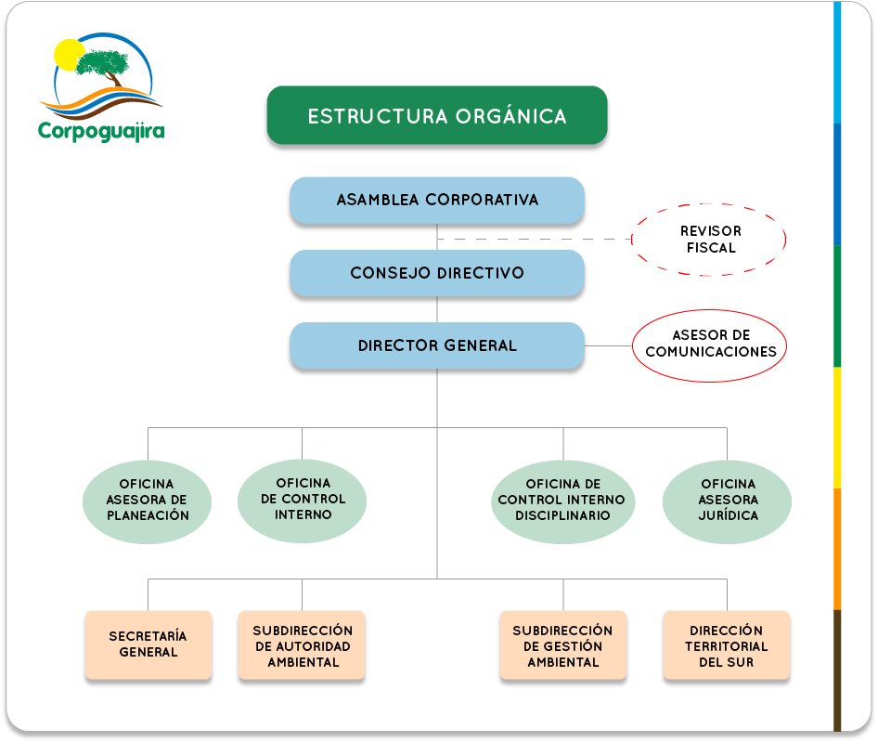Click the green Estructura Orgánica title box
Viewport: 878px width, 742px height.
click(x=437, y=115)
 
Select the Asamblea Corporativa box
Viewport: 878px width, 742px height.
click(x=437, y=200)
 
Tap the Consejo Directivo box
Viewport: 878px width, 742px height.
click(x=437, y=273)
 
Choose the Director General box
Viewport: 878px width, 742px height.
click(x=437, y=345)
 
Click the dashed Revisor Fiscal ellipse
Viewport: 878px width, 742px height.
click(x=709, y=204)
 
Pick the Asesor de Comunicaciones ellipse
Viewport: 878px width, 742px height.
click(x=709, y=310)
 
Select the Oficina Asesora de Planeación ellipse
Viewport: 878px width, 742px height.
click(x=148, y=501)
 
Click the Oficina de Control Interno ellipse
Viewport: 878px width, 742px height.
click(x=303, y=501)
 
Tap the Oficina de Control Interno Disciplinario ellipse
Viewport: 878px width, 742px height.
click(x=562, y=501)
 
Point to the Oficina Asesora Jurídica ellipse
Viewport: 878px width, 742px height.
click(x=727, y=501)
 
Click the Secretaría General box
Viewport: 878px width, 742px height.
click(x=148, y=644)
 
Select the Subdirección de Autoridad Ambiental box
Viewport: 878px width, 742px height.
click(x=302, y=644)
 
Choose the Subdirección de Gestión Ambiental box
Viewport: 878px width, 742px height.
click(x=563, y=644)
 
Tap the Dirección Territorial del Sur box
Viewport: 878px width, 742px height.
click(x=727, y=644)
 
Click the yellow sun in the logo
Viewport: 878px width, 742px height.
click(x=67, y=56)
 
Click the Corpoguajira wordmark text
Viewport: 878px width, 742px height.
click(x=101, y=131)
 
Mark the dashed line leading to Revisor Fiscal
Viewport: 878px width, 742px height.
click(x=535, y=240)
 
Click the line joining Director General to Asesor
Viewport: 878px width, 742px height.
click(x=609, y=345)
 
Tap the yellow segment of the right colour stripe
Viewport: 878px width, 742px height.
click(x=837, y=427)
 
